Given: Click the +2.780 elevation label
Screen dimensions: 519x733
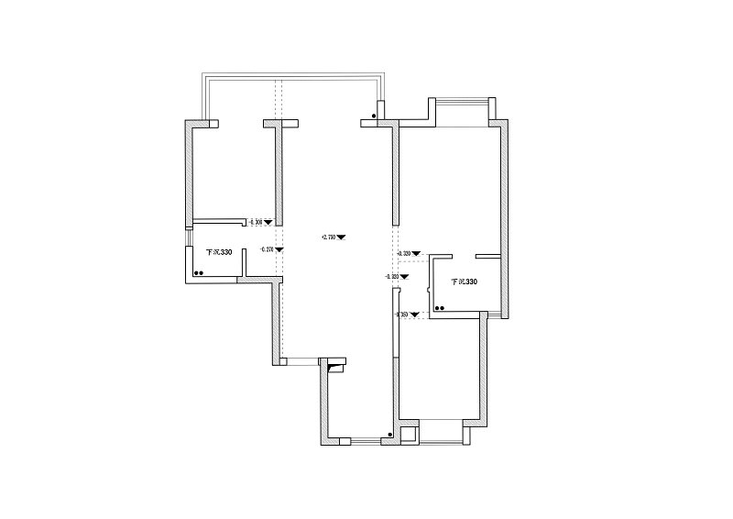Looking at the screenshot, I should click(328, 237).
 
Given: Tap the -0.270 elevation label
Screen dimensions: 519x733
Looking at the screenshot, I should click(267, 249).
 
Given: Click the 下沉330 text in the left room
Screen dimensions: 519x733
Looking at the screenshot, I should click(219, 252).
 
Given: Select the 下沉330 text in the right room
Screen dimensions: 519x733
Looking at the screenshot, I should click(463, 282).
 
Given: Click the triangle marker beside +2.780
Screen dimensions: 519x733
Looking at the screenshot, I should click(341, 237).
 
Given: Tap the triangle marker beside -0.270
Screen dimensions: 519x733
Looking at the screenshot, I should click(279, 249).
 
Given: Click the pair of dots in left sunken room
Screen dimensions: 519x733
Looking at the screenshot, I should click(198, 272).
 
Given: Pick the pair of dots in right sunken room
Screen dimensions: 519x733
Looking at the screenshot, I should click(440, 309).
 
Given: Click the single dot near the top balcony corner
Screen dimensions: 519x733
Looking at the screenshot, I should click(374, 116).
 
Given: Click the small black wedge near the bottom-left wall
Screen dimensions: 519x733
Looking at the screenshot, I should click(335, 369).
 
